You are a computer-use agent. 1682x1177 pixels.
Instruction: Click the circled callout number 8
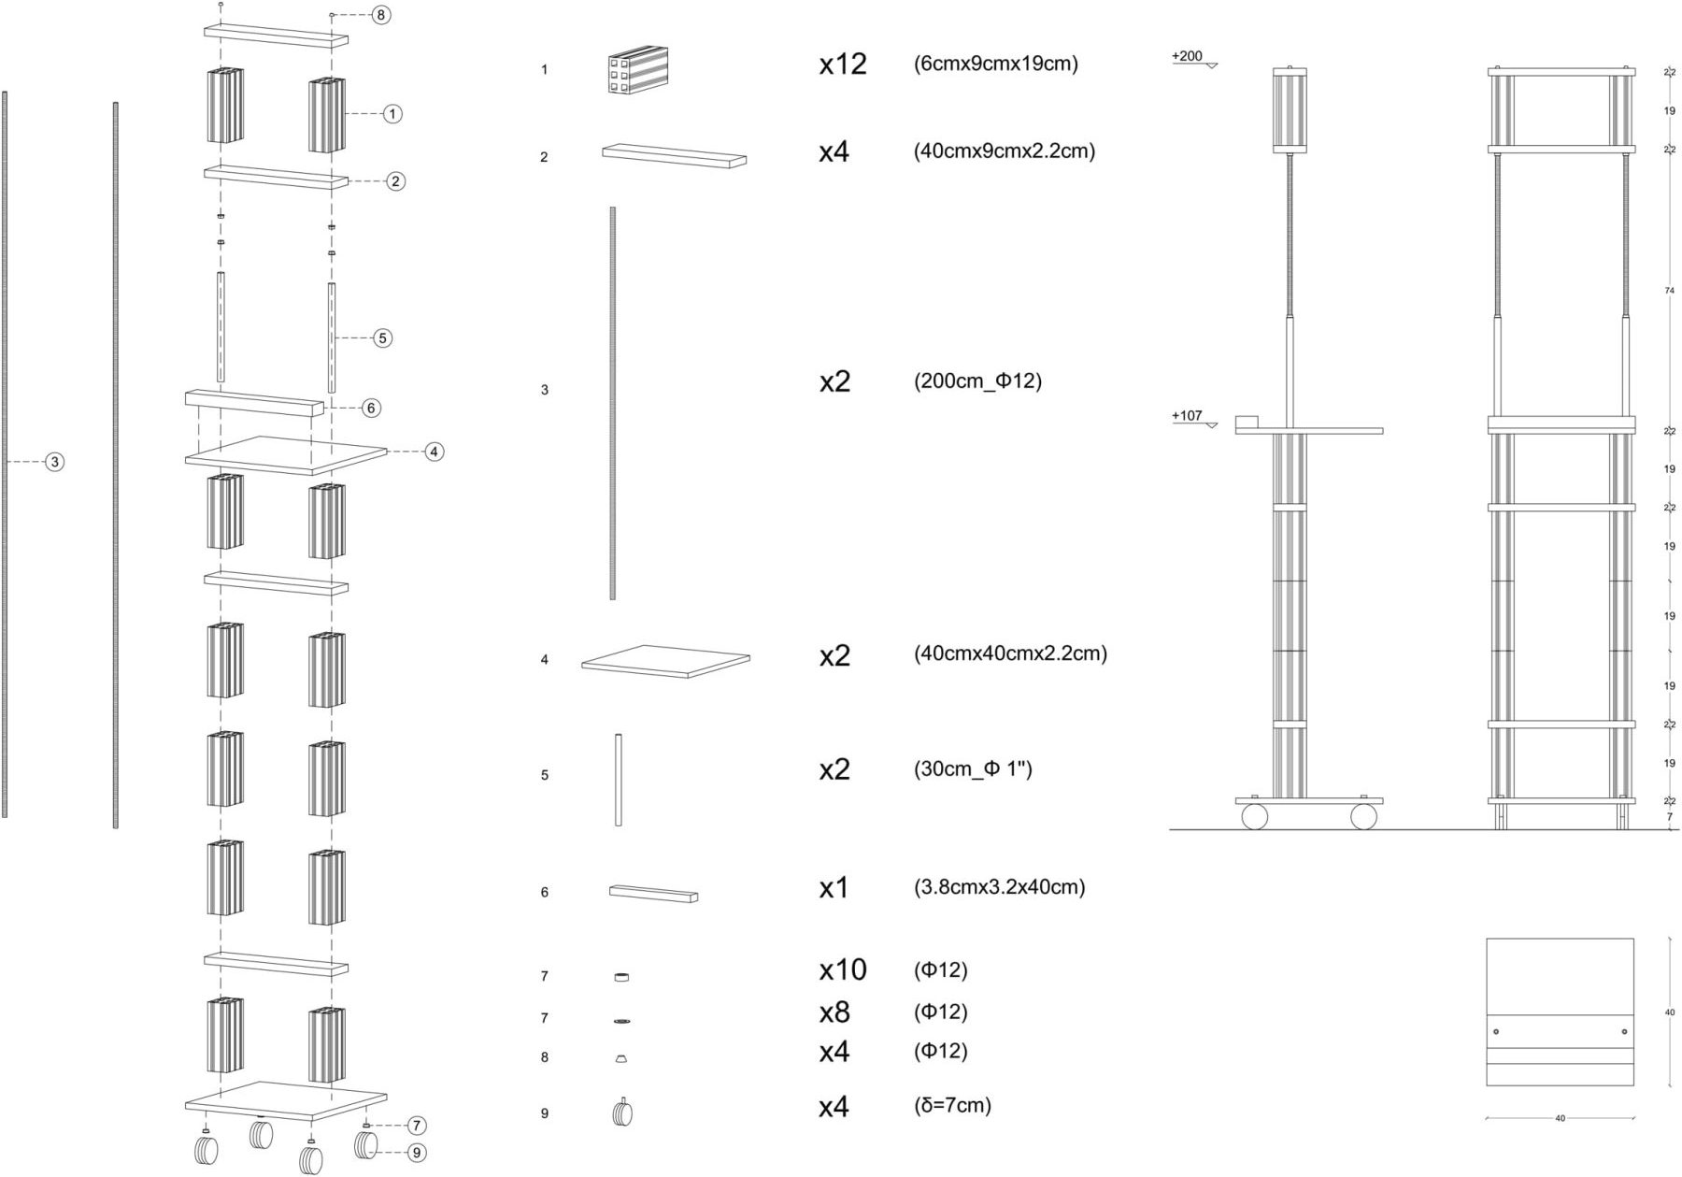(x=380, y=15)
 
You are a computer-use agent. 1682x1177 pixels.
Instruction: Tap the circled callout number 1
(x=392, y=114)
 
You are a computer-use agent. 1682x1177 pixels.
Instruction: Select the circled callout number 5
(x=382, y=337)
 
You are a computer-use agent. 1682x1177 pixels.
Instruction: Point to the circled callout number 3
(x=55, y=462)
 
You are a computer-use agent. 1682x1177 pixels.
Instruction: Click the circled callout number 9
(x=418, y=1154)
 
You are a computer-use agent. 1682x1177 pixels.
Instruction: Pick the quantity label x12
(x=843, y=65)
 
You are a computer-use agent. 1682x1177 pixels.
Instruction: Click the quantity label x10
(x=843, y=970)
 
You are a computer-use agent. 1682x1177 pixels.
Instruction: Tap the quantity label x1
(x=834, y=888)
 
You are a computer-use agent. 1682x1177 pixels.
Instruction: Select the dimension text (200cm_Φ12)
(x=977, y=381)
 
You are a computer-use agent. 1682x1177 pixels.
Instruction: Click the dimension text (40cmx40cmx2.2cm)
(x=1010, y=653)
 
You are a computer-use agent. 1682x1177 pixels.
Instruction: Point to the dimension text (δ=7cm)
(x=952, y=1106)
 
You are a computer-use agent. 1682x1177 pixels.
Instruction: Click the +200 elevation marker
(x=1188, y=56)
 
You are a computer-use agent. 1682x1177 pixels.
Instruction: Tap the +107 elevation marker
(x=1188, y=416)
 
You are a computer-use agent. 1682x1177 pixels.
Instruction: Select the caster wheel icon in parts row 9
(x=622, y=1112)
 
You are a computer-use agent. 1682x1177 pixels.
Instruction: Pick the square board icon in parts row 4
(x=665, y=661)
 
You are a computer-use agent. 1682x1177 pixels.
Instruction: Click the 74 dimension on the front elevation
(x=1669, y=292)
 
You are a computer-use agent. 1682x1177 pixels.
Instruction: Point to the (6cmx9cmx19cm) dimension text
(x=995, y=65)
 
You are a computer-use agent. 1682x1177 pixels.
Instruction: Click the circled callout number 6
(x=371, y=408)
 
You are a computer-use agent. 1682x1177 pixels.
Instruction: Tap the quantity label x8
(x=834, y=1012)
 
